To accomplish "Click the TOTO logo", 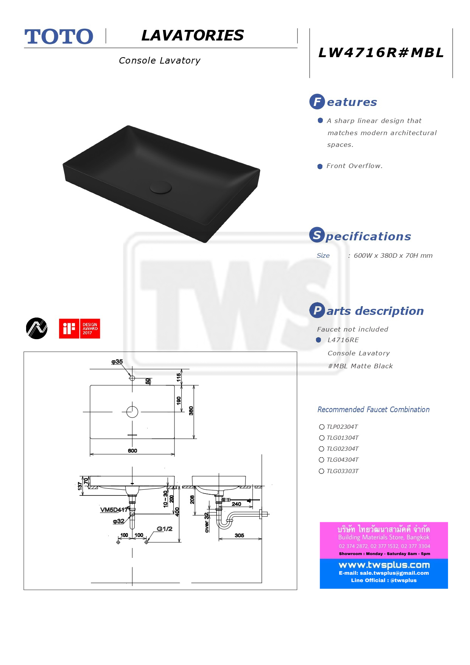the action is [59, 37].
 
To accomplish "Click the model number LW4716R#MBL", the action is [381, 53].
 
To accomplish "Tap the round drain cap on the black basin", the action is [160, 187].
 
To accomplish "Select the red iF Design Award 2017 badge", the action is [79, 329].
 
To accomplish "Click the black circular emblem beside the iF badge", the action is [37, 328].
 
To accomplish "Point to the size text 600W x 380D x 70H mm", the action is [393, 255].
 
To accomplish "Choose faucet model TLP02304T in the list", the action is [342, 427].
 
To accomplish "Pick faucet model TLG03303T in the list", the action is [342, 471].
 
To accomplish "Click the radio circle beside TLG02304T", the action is [322, 449].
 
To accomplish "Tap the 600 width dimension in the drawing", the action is [132, 450].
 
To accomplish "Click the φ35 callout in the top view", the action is [117, 361].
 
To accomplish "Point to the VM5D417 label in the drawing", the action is [114, 509].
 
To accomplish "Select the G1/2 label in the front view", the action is [165, 529].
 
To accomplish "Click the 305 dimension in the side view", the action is [239, 535].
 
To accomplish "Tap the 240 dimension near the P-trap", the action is [237, 504].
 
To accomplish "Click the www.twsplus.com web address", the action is [384, 565].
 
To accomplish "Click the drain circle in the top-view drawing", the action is [132, 411].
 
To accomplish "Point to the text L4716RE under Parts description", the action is [343, 340].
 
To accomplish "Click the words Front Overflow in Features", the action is [355, 166].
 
